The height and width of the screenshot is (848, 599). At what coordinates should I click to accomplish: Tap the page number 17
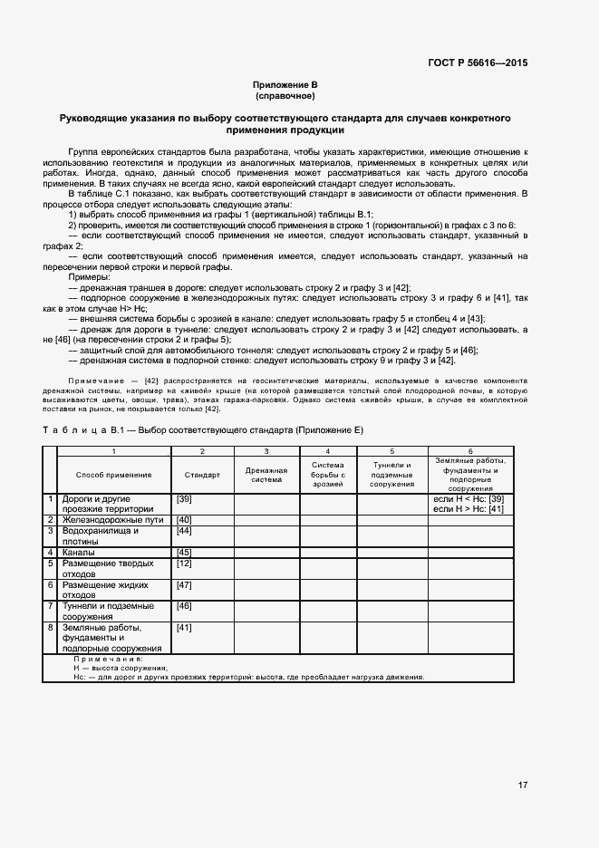[x=523, y=785]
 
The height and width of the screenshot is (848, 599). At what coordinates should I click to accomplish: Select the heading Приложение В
[x=285, y=84]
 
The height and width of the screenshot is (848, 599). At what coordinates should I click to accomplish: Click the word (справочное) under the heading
[x=285, y=95]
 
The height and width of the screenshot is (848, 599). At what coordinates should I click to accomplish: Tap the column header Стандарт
[x=202, y=475]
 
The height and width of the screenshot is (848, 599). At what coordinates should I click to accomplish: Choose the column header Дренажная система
[x=266, y=475]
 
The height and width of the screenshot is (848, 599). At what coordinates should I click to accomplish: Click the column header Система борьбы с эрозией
[x=328, y=475]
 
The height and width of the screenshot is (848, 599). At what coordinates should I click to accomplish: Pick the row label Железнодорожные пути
[x=100, y=520]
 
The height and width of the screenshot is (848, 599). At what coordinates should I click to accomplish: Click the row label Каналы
[x=77, y=552]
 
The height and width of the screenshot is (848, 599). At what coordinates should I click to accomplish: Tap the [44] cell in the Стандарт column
[x=184, y=531]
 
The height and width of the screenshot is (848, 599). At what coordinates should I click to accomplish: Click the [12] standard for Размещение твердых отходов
[x=184, y=564]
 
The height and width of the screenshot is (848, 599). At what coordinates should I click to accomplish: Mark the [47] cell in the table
[x=184, y=584]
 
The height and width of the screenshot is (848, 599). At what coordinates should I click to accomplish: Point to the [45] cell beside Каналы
[x=184, y=552]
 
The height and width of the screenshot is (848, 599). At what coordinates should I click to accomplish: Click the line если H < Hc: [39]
[x=469, y=499]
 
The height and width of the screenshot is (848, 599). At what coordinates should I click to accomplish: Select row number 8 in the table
[x=51, y=627]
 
